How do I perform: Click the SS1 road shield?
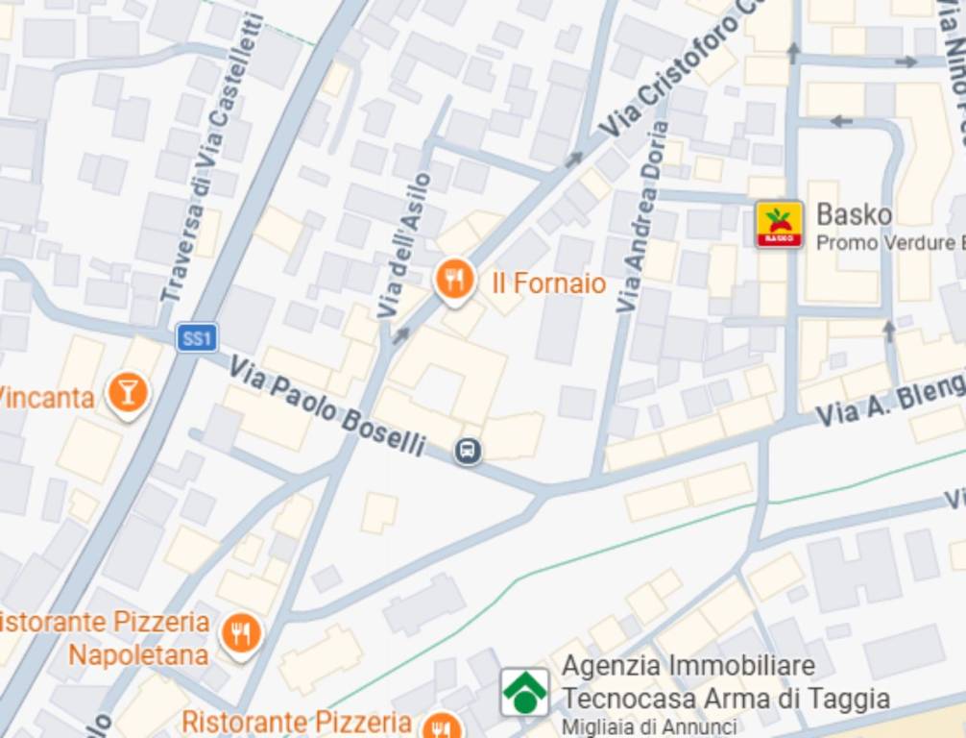(x=197, y=337)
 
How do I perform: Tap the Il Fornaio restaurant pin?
(x=454, y=281)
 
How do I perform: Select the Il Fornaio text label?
(x=548, y=283)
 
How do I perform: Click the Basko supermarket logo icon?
(x=779, y=225)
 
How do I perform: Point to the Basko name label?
(x=854, y=214)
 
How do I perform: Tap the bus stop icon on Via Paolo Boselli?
(x=468, y=450)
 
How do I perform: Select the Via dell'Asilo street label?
(x=404, y=245)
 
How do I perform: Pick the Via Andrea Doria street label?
(x=641, y=219)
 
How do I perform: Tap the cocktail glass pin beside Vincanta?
(x=127, y=392)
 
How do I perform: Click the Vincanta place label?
(x=46, y=396)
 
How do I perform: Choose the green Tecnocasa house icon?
(x=525, y=692)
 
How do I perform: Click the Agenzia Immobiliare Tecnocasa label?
(x=724, y=681)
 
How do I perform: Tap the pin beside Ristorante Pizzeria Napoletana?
(x=241, y=634)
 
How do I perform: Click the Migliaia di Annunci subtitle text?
(x=649, y=727)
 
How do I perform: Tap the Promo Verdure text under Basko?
(x=889, y=242)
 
